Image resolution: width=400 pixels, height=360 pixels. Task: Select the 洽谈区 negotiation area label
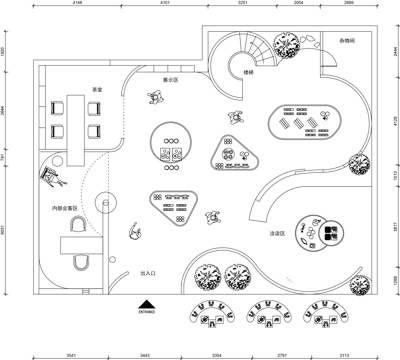click(x=278, y=233)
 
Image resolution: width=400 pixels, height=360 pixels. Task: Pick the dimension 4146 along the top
click(x=78, y=5)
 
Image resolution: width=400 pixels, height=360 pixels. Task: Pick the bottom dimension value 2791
click(x=281, y=354)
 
